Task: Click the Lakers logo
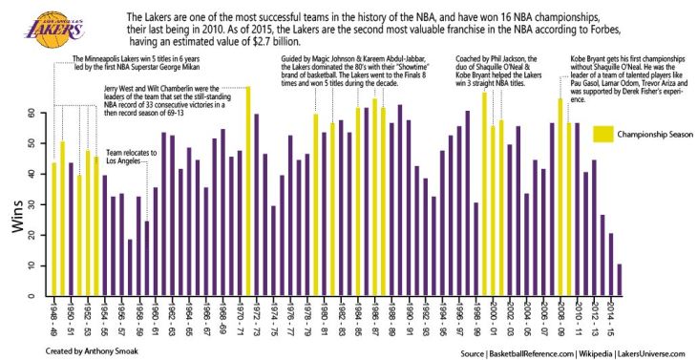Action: point(40,24)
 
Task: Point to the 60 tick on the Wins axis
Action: point(32,113)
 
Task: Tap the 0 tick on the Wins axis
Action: point(32,296)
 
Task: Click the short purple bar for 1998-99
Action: point(476,249)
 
